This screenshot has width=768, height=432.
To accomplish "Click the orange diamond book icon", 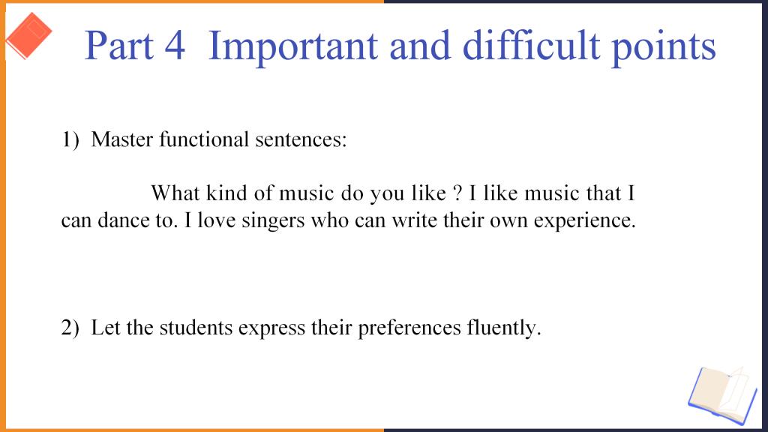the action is tap(29, 36).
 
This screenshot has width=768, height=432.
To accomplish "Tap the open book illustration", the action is tap(723, 395).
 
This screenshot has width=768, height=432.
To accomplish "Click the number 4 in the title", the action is tap(175, 46).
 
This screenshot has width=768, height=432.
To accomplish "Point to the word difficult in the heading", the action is tap(532, 45).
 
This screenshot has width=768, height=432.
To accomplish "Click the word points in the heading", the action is tap(664, 47).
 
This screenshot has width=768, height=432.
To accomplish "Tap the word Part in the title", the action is tap(119, 46).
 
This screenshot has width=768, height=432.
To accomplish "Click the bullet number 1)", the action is tap(70, 139).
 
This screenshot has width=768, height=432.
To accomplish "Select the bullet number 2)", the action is tap(70, 327).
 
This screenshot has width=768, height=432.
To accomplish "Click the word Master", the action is tap(122, 139).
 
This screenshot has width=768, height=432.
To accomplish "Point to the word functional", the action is tap(204, 139).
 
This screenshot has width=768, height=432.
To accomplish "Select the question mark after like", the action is tap(458, 193).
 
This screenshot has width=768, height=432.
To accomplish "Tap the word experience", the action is tap(585, 221).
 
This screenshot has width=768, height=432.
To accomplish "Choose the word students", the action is tap(196, 327).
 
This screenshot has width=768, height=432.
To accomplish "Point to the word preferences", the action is tap(409, 328).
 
